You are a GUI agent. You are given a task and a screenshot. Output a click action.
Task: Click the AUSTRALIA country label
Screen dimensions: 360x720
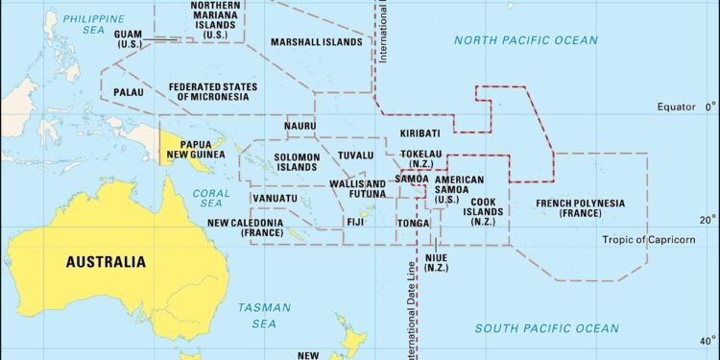click(106, 261)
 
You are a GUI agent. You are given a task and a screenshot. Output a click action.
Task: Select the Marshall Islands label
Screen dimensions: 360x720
click(316, 43)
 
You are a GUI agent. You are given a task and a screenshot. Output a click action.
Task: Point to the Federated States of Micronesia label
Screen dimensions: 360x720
click(213, 91)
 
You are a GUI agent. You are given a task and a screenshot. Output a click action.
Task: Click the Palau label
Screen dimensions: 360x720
click(129, 92)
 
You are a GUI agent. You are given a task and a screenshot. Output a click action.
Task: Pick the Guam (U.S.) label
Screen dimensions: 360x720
click(129, 39)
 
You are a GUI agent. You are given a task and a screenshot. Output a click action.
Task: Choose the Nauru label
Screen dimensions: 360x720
click(300, 126)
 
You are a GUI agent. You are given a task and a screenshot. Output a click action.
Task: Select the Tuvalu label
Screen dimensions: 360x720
click(356, 156)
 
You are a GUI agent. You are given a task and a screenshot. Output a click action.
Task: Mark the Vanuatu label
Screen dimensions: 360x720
click(274, 198)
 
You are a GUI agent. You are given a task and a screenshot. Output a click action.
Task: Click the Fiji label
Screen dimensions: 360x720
click(355, 222)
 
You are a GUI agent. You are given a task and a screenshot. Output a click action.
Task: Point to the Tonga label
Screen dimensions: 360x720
click(414, 223)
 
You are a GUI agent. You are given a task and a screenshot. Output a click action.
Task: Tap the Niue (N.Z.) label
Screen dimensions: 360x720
click(437, 262)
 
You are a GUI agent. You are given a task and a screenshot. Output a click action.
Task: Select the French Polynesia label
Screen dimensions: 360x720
click(580, 208)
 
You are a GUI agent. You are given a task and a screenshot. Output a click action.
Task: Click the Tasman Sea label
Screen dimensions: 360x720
click(258, 316)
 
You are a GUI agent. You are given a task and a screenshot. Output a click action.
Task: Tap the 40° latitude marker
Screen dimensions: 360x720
click(707, 341)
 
